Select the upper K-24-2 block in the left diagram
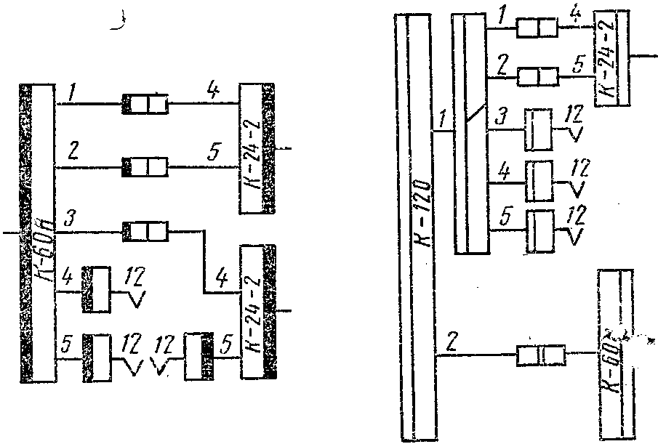point(258,149)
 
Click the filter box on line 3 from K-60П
point(146,233)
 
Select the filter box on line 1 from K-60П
point(145,104)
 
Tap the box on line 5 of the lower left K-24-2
point(198,356)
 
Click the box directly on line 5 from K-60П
point(97,356)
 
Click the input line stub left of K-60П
point(11,233)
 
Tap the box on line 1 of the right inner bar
point(537,28)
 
